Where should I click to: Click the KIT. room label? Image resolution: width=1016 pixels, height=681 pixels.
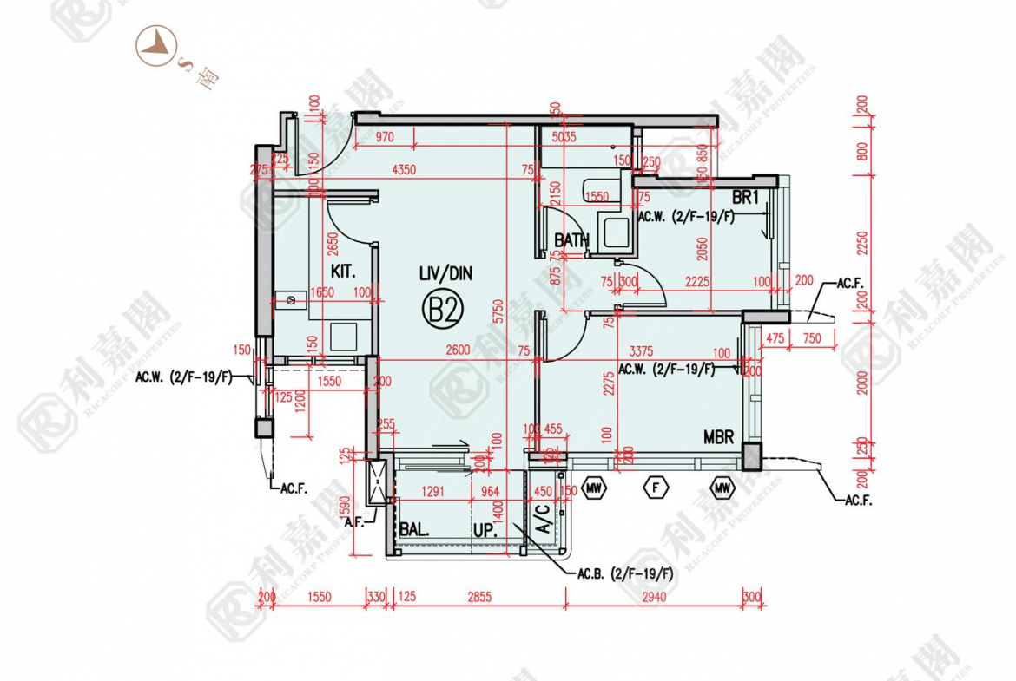tap(344, 272)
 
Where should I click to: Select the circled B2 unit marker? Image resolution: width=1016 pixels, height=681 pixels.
tap(443, 310)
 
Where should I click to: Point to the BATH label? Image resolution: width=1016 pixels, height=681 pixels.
tap(572, 240)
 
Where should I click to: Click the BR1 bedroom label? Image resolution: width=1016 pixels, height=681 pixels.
tap(745, 198)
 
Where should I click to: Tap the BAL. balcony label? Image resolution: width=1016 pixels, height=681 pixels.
tap(414, 530)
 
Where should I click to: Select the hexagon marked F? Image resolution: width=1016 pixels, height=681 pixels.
tap(656, 489)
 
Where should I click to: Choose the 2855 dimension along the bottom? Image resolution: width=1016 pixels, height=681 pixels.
tap(479, 596)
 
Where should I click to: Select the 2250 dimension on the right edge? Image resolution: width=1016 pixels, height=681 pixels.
tap(861, 246)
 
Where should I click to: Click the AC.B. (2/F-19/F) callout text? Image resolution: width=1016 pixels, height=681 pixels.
tap(625, 573)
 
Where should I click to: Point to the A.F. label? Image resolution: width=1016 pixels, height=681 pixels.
tap(353, 522)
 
